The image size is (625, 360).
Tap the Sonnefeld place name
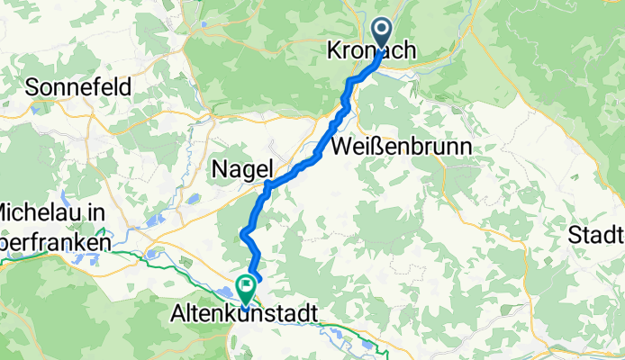[x=79, y=87]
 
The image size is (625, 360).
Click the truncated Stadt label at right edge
[x=598, y=236]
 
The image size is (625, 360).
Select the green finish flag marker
[x=245, y=287]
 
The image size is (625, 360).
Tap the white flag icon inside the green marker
[x=245, y=285]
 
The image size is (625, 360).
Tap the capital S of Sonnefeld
[x=34, y=87]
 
